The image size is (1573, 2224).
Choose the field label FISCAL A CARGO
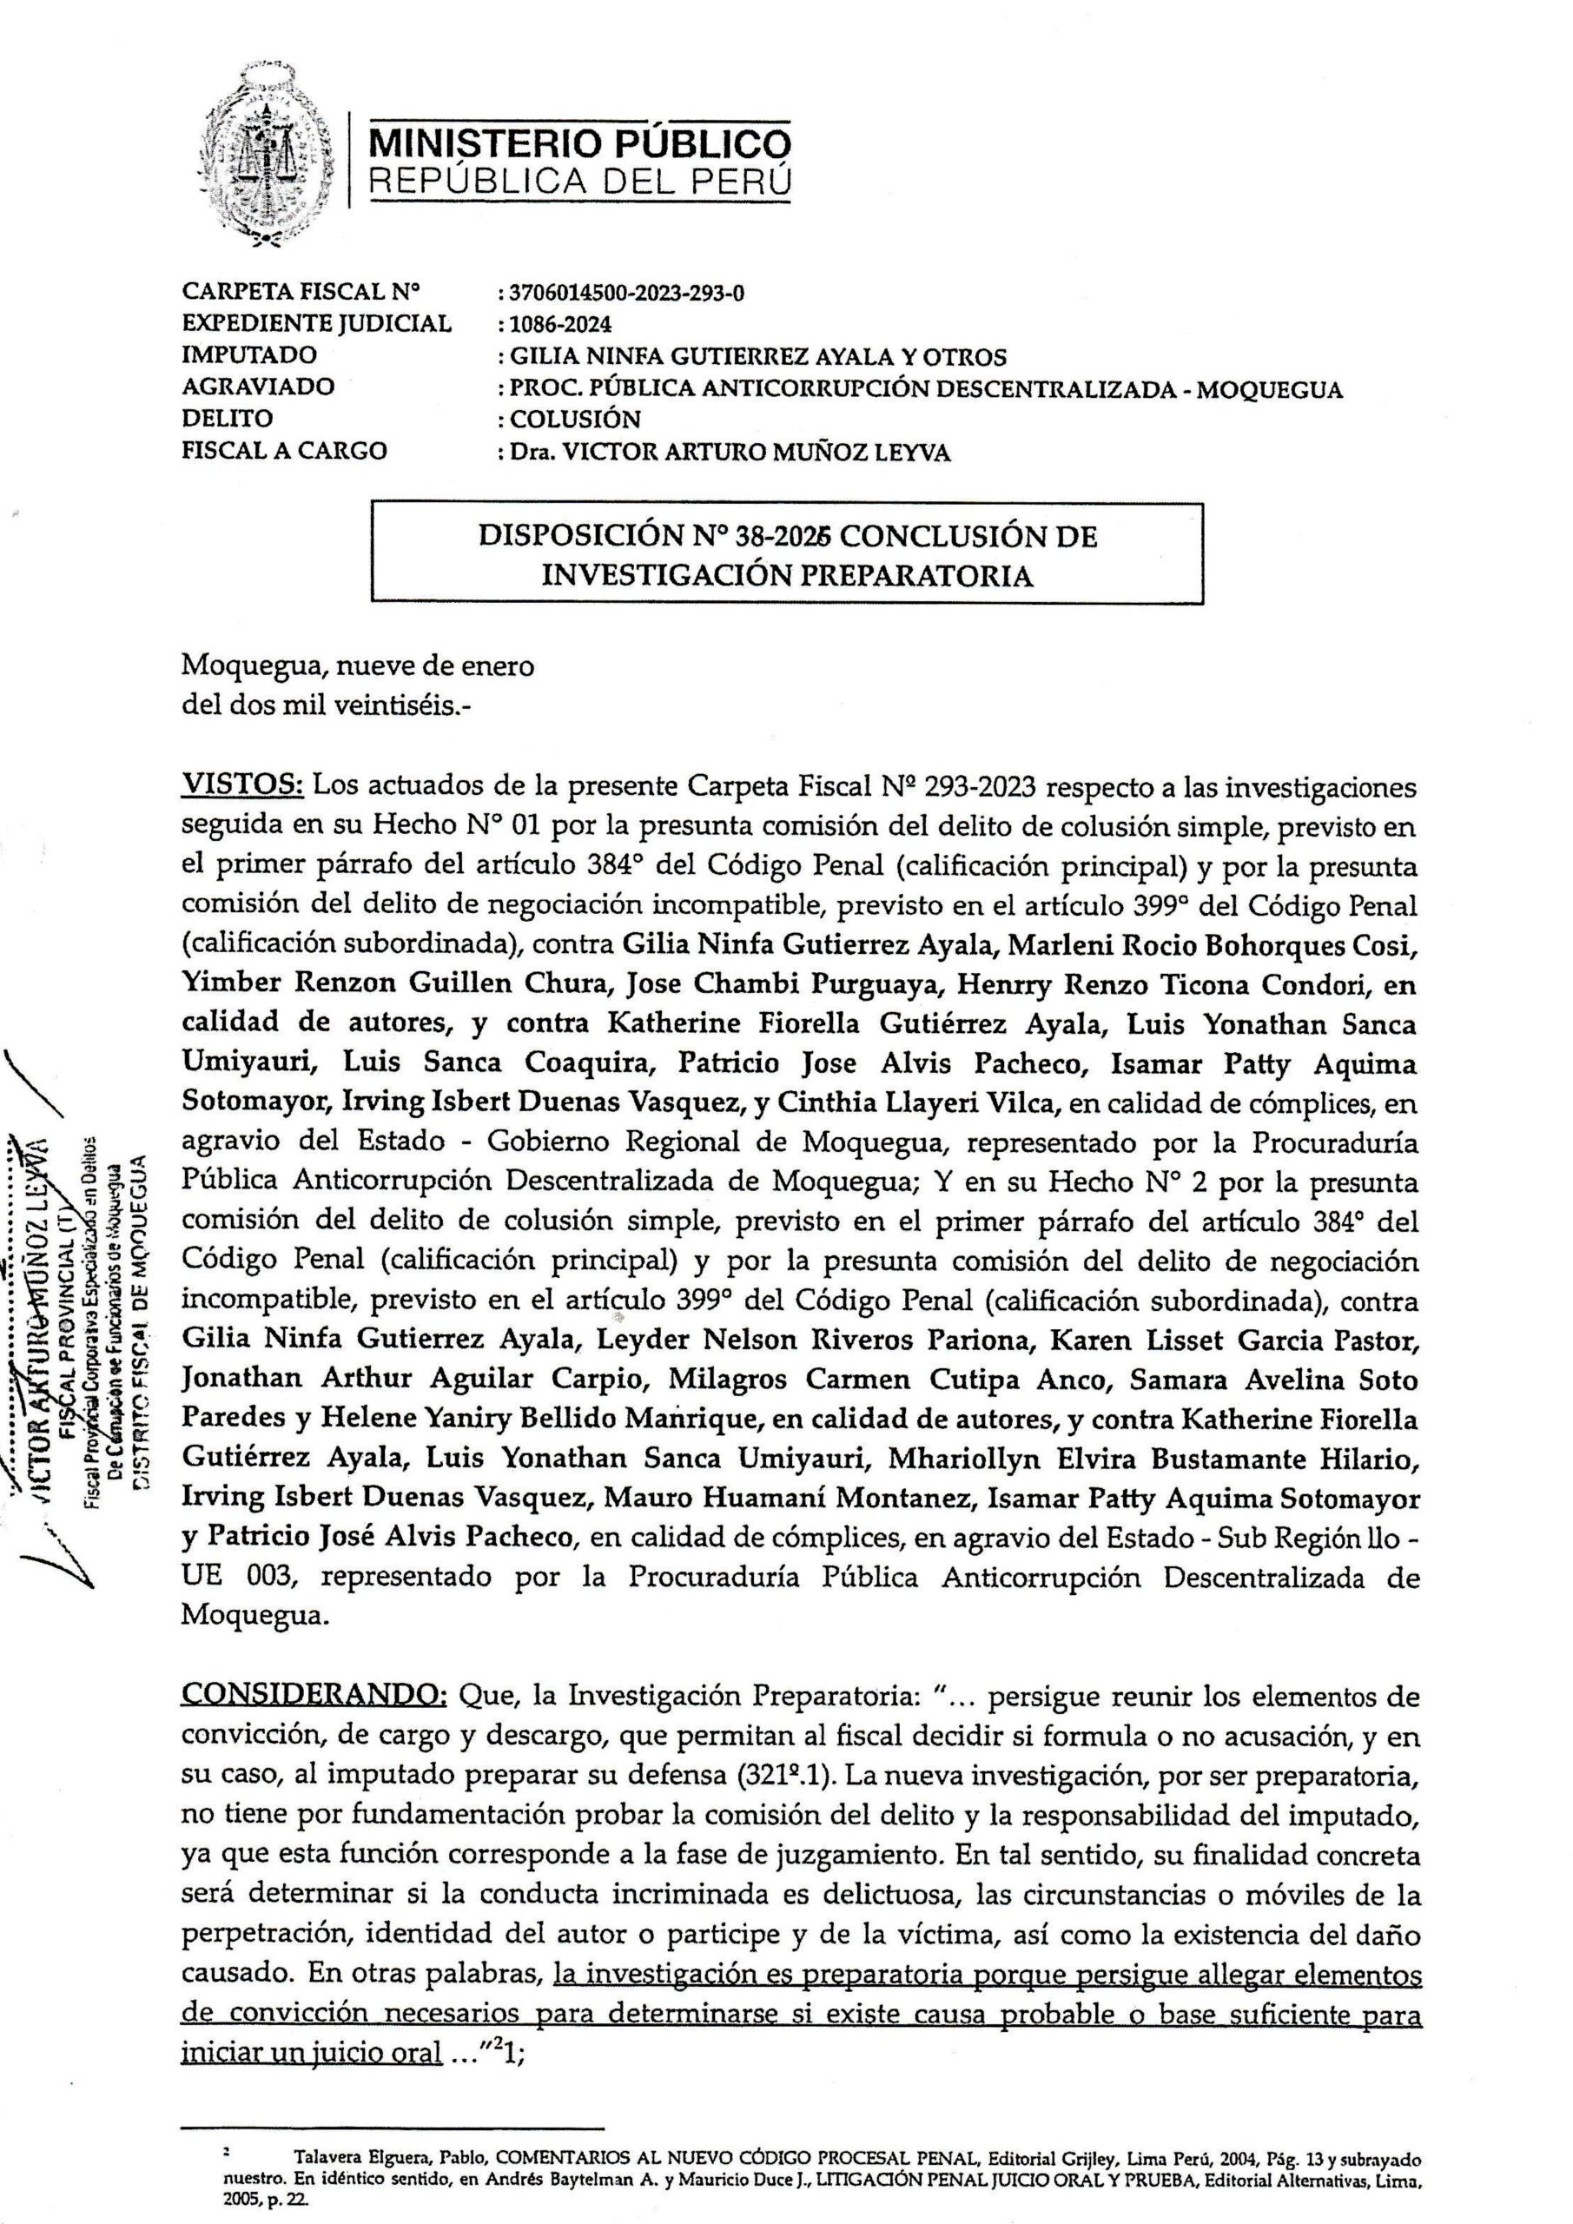[x=284, y=450]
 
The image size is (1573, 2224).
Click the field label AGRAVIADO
[x=258, y=387]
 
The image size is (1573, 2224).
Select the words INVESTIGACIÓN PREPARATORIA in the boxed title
[x=787, y=575]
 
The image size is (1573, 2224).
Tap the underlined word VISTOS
[x=242, y=787]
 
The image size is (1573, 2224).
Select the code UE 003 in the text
[x=241, y=1577]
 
